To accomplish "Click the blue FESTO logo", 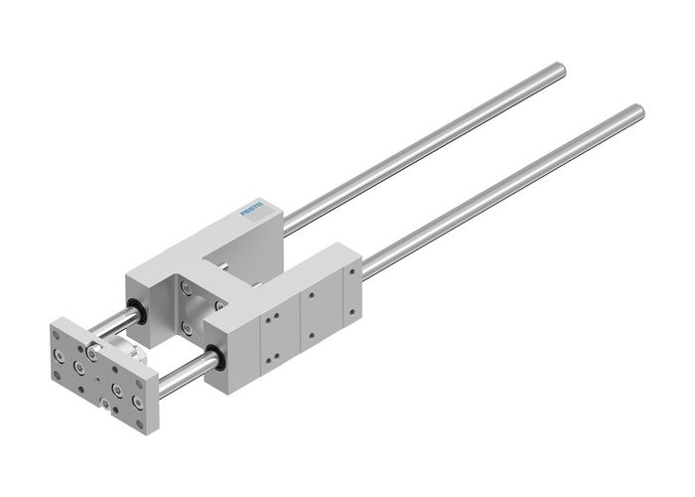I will pyautogui.click(x=261, y=210).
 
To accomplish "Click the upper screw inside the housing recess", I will pyautogui.click(x=187, y=289).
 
